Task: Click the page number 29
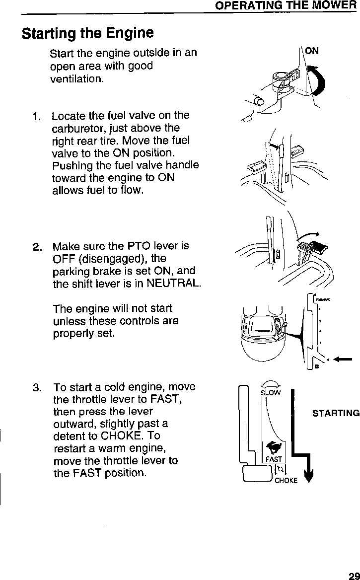pyautogui.click(x=353, y=574)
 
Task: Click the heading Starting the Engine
pyautogui.click(x=87, y=33)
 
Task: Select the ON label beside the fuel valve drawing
pyautogui.click(x=312, y=51)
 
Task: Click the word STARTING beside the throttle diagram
pyautogui.click(x=336, y=413)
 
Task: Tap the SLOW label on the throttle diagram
pyautogui.click(x=271, y=393)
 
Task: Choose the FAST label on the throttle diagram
pyautogui.click(x=273, y=459)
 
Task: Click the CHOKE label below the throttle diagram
pyautogui.click(x=286, y=481)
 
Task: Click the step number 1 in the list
pyautogui.click(x=35, y=117)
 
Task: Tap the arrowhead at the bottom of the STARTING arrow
pyautogui.click(x=309, y=478)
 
